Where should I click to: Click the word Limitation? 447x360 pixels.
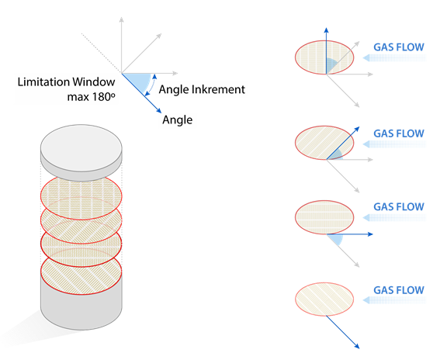[43, 82]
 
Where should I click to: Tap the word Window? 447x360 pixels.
[94, 82]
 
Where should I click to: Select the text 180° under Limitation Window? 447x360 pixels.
[103, 97]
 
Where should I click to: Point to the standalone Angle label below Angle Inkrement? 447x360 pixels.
[177, 119]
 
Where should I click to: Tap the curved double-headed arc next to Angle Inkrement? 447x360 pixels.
[151, 85]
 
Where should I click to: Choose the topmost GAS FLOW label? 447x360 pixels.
[399, 47]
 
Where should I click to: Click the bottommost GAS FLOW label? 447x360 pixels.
[399, 290]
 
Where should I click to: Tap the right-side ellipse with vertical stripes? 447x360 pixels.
[324, 57]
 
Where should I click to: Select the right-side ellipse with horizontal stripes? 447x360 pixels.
[324, 217]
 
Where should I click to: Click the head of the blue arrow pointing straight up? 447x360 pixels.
[327, 30]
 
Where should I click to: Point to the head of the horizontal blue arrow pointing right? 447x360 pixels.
[370, 234]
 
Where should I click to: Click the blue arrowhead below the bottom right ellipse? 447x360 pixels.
[357, 346]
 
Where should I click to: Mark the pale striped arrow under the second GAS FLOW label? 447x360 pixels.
[394, 144]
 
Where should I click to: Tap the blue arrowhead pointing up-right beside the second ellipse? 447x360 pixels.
[357, 130]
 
